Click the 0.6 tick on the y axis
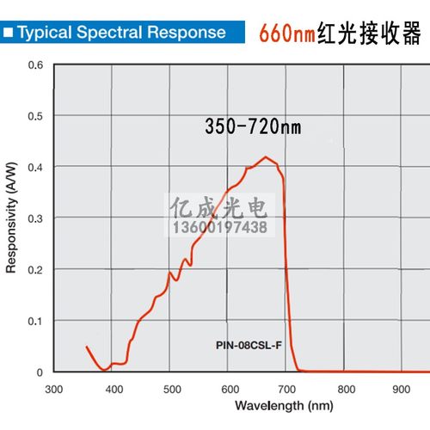(35, 64)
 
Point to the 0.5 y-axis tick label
(35, 116)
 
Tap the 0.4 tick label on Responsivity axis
(35, 167)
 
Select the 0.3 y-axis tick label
(35, 218)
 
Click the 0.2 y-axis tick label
(35, 269)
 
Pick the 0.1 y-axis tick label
(35, 321)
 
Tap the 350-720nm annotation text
(253, 126)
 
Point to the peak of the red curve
(267, 157)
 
